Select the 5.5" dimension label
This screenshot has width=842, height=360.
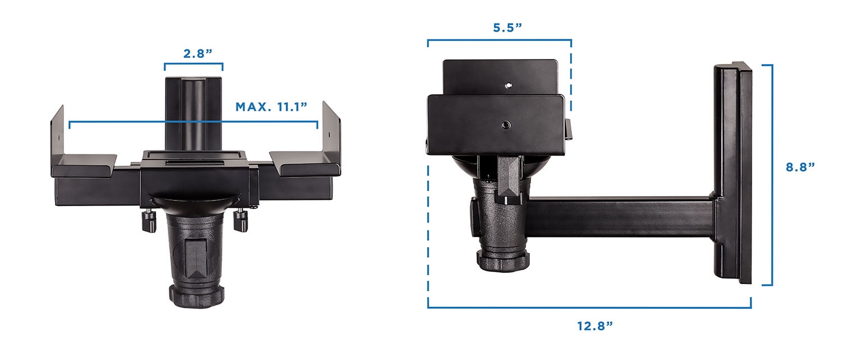(507, 28)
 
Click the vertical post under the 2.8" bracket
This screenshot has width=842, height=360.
(193, 115)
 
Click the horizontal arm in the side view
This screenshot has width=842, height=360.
(617, 216)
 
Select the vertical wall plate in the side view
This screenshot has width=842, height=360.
(733, 174)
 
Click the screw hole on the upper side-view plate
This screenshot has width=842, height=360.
(507, 86)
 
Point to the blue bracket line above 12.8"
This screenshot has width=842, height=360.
(589, 307)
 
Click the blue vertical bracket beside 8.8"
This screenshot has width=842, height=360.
(771, 174)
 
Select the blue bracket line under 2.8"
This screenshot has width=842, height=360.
(193, 64)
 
